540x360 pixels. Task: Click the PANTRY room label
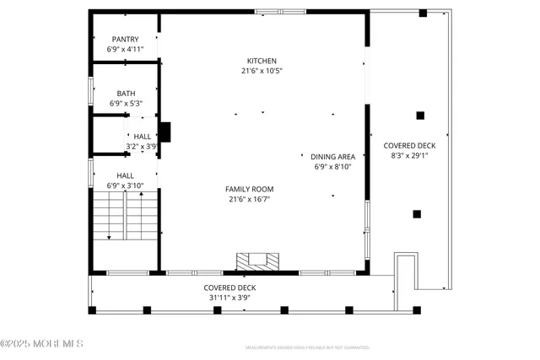click(125, 39)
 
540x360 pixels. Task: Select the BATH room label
click(125, 93)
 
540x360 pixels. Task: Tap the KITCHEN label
click(262, 61)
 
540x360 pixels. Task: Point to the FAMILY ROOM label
click(249, 189)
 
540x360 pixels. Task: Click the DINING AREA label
click(332, 157)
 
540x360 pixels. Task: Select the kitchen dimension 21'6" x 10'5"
click(262, 71)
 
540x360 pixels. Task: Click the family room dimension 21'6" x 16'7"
click(249, 199)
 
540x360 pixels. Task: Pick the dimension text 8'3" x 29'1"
click(413, 155)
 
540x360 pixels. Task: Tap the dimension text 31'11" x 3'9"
click(229, 297)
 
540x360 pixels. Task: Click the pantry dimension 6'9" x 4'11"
click(125, 50)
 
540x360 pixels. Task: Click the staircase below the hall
click(125, 215)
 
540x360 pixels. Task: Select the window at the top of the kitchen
click(280, 12)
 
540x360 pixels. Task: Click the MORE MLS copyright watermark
click(42, 343)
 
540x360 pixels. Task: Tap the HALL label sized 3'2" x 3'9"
click(142, 136)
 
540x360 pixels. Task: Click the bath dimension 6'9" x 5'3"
click(125, 103)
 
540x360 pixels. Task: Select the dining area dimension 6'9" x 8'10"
click(332, 167)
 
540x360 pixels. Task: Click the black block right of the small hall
click(165, 132)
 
